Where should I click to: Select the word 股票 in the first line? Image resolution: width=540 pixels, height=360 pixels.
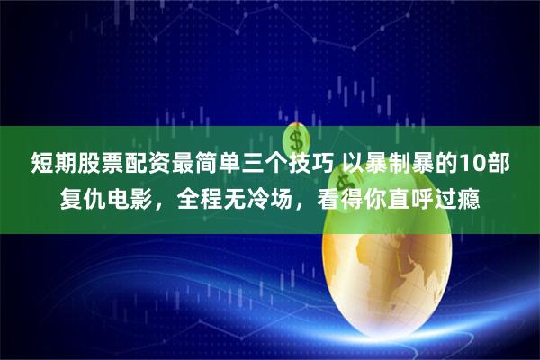pos(97,164)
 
